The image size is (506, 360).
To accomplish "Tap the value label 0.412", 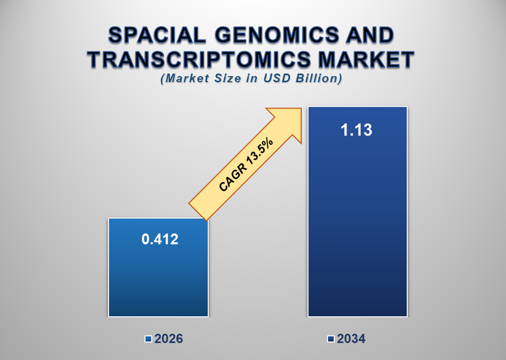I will pyautogui.click(x=160, y=239).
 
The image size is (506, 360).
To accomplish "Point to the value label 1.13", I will pyautogui.click(x=357, y=130).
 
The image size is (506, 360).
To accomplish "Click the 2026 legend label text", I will pyautogui.click(x=168, y=339).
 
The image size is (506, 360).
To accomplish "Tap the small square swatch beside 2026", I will pyautogui.click(x=148, y=339).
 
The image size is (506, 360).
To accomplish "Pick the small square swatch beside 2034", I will pyautogui.click(x=331, y=339).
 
